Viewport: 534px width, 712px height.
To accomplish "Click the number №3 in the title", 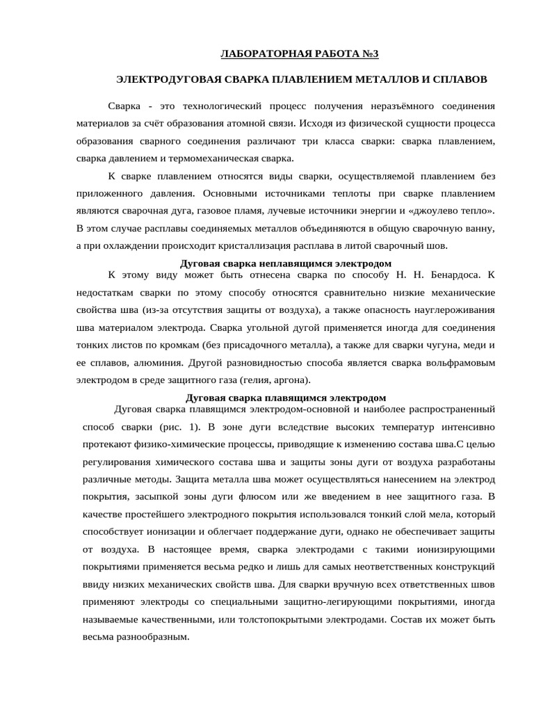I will coord(371,54).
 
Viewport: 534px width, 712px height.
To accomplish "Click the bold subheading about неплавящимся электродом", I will coord(286,264).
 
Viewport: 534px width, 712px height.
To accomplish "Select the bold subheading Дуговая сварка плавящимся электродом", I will coord(286,398).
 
